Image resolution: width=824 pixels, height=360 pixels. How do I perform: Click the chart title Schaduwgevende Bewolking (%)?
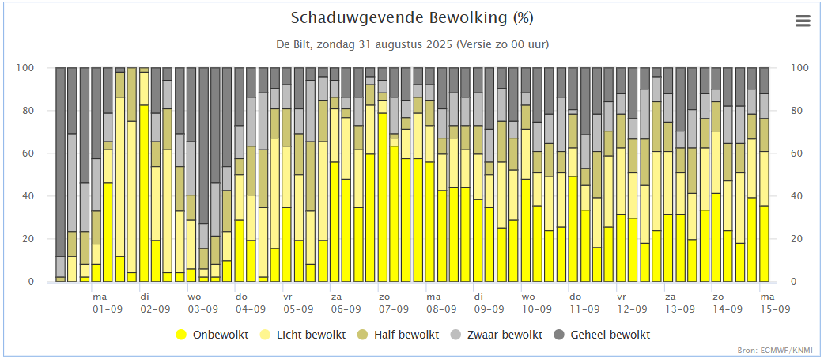tap(412, 18)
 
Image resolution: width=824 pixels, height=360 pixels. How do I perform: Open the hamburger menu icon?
tap(803, 21)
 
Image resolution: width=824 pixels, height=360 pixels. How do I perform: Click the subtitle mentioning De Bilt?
tap(413, 44)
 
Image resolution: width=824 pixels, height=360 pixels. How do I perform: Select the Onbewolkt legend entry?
tap(212, 335)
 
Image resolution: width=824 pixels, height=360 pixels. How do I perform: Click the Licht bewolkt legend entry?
tap(305, 335)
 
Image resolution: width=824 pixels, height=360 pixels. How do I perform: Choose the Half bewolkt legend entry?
tap(398, 335)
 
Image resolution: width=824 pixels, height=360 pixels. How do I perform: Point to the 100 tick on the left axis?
tap(40, 68)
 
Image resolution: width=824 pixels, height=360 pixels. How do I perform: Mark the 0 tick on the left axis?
tap(46, 282)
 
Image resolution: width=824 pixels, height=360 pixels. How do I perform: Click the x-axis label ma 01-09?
tap(108, 303)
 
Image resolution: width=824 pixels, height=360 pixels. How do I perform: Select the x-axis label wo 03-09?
tap(203, 303)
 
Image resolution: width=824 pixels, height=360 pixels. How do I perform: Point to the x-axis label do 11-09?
tap(584, 303)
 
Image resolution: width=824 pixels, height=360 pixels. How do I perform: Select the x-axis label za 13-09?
tap(679, 303)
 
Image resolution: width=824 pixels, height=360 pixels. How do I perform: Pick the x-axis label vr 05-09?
tap(298, 303)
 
